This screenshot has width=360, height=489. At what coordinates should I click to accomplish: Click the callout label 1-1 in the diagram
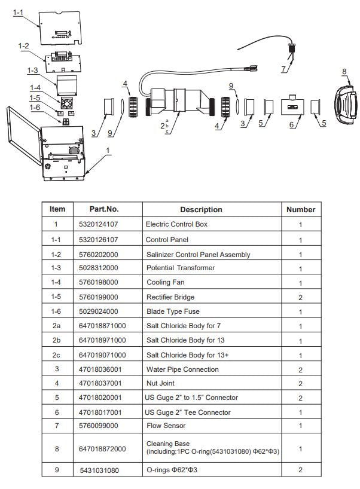click(x=19, y=12)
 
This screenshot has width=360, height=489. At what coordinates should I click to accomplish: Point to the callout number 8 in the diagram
click(x=344, y=72)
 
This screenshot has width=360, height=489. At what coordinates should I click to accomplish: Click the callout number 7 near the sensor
click(x=283, y=69)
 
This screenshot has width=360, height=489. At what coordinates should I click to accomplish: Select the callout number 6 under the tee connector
click(x=292, y=124)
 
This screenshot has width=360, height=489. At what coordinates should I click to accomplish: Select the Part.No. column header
click(x=104, y=209)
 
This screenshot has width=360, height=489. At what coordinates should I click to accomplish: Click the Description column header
click(x=201, y=209)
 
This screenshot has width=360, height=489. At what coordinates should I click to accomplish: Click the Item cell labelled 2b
click(x=57, y=340)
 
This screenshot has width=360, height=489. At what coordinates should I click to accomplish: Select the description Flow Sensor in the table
click(x=166, y=426)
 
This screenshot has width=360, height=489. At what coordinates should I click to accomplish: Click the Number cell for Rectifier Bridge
click(x=300, y=297)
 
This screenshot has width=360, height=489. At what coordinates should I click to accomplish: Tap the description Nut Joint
click(x=160, y=383)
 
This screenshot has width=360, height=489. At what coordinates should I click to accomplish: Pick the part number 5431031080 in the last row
click(x=99, y=470)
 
